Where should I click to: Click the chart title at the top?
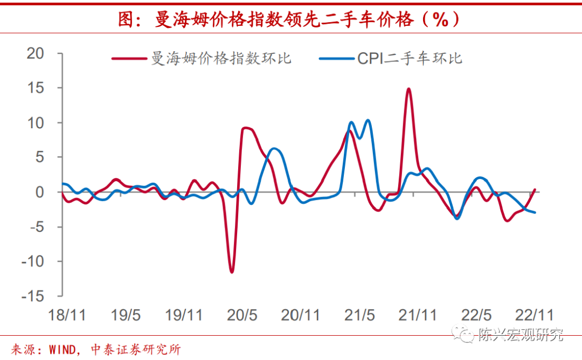(x=290, y=20)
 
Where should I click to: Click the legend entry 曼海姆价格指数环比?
(x=221, y=58)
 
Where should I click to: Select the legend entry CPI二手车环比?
(x=410, y=58)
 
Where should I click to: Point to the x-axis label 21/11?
(x=418, y=315)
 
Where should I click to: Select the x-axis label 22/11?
(x=534, y=315)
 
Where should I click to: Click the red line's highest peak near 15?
(x=408, y=89)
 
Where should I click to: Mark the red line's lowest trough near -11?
(x=232, y=272)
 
